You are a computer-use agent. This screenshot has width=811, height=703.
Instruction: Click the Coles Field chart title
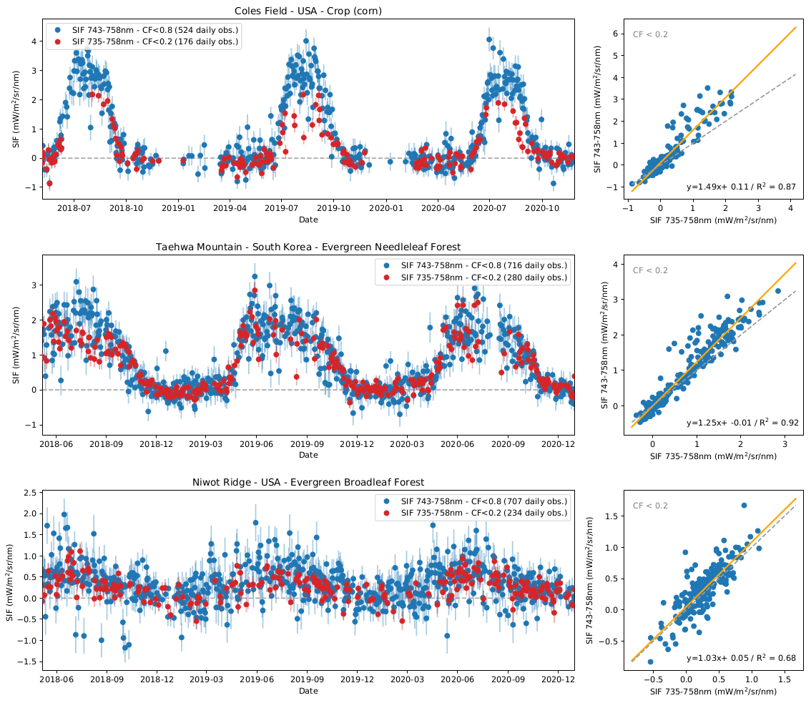308,11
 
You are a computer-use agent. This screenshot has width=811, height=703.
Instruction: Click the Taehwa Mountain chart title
308,247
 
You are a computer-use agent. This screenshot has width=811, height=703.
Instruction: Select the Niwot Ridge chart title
308,482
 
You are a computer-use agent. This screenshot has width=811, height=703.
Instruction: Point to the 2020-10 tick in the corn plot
542,208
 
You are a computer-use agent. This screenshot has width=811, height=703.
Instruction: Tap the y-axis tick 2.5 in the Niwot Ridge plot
31,493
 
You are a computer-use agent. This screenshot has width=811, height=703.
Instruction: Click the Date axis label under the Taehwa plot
308,455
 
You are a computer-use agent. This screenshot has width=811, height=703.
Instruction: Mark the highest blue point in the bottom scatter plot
744,506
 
